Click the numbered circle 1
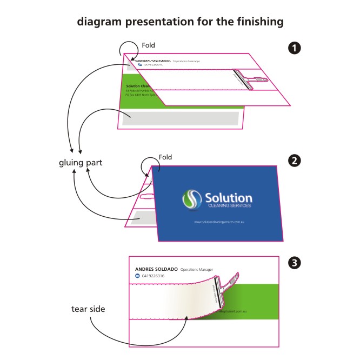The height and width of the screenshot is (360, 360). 295,48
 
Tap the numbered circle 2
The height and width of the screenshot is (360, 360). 295,161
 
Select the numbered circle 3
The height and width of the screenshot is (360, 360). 295,263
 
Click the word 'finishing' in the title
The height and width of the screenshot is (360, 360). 257,22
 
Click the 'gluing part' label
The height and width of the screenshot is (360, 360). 81,163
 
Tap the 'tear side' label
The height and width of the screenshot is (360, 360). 88,309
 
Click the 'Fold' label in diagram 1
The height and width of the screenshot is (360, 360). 148,46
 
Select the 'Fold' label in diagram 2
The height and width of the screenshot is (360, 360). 165,157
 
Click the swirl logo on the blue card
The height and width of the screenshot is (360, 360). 191,199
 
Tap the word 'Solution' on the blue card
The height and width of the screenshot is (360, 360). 228,197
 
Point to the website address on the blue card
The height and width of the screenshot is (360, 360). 219,223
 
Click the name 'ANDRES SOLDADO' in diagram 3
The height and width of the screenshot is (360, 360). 156,269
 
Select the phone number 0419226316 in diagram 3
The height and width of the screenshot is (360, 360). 153,276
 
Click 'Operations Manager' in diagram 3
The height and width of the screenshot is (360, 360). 197,269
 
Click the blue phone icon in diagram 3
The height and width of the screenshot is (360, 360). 137,276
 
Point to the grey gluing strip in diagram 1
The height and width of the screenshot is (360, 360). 180,118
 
